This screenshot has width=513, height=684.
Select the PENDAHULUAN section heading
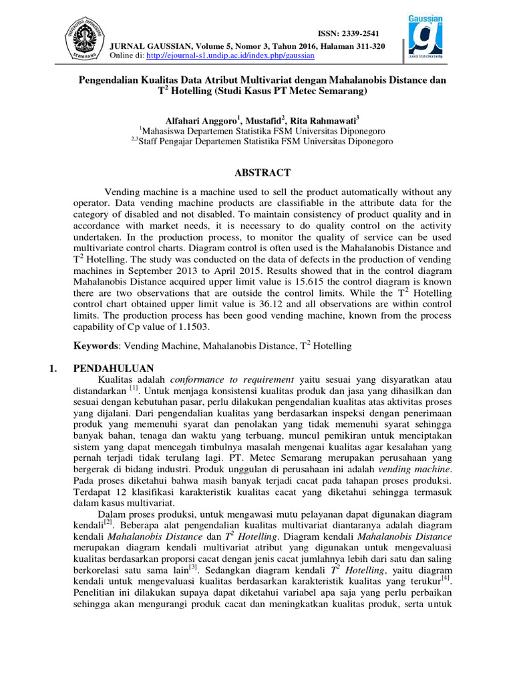[114, 368]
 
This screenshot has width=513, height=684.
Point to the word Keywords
[96, 346]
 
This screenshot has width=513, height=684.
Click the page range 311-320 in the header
[365, 45]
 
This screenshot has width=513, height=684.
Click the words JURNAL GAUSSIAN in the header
[148, 45]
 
